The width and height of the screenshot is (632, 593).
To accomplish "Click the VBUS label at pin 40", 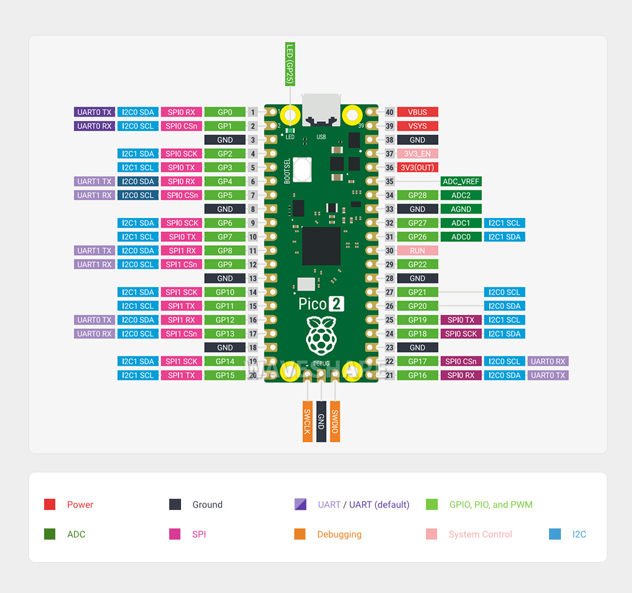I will pyautogui.click(x=417, y=112).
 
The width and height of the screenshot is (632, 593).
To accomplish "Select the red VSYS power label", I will pyautogui.click(x=417, y=126).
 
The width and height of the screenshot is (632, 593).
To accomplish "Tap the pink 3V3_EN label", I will pyautogui.click(x=417, y=154).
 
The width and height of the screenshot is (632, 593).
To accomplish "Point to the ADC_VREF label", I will pyautogui.click(x=461, y=181).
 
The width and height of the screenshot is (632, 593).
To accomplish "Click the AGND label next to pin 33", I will pyautogui.click(x=461, y=209).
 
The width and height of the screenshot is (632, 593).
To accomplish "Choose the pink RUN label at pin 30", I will pyautogui.click(x=417, y=250).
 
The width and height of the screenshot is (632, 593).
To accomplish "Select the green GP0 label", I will pyautogui.click(x=224, y=112).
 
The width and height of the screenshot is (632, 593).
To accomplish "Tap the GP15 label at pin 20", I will pyautogui.click(x=224, y=375).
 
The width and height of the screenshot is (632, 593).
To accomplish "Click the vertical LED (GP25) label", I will pyautogui.click(x=290, y=63).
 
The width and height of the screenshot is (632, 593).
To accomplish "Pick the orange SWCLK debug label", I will pyautogui.click(x=307, y=421).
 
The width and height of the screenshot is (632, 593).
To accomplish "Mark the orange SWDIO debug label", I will pyautogui.click(x=335, y=421).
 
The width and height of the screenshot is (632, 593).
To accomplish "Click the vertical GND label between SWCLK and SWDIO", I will pyautogui.click(x=321, y=421).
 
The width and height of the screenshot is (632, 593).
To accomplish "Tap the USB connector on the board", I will pyautogui.click(x=321, y=111).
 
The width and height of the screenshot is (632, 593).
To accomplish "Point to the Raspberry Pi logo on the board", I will pyautogui.click(x=321, y=337).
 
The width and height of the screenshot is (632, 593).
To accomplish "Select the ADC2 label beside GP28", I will pyautogui.click(x=461, y=195).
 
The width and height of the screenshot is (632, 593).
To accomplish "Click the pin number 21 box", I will pyautogui.click(x=390, y=375).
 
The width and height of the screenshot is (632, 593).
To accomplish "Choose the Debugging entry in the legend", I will pyautogui.click(x=339, y=534).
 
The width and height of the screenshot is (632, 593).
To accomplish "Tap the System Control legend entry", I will pyautogui.click(x=480, y=534).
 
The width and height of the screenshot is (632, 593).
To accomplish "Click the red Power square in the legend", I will pyautogui.click(x=49, y=505).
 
